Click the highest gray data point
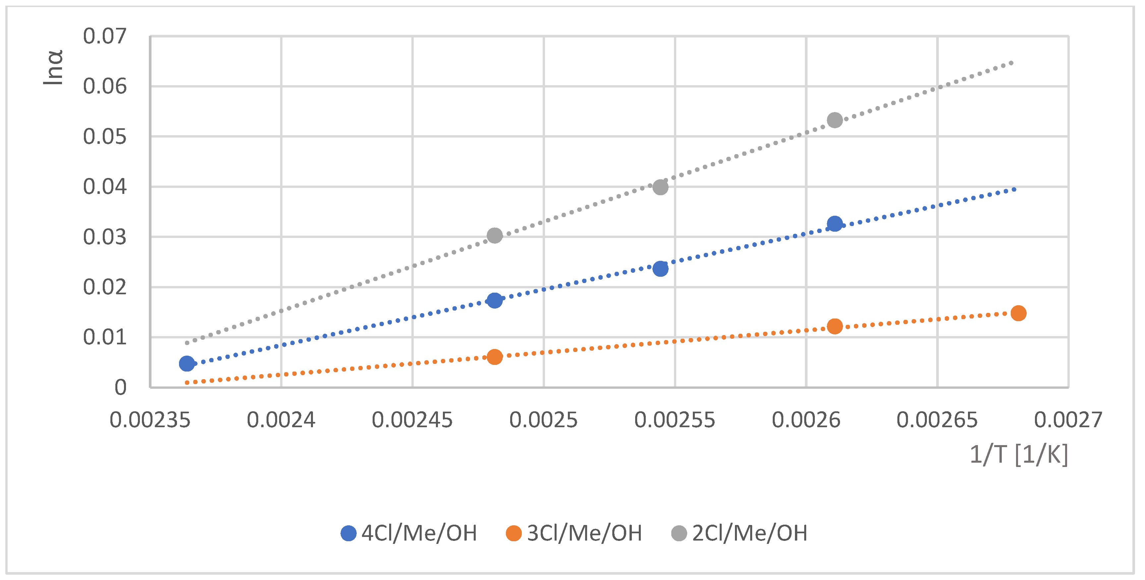[x=834, y=120]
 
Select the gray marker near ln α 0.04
[x=660, y=187]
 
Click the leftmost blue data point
[x=187, y=364]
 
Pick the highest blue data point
[x=834, y=224]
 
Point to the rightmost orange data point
[x=1018, y=313]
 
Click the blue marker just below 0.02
[x=494, y=301]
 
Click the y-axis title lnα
[x=53, y=68]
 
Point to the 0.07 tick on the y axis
[x=105, y=36]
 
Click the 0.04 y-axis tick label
[x=105, y=187]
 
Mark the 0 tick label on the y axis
[x=120, y=387]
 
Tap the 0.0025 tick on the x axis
[x=543, y=420]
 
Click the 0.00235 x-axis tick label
[x=150, y=420]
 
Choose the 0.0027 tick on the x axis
[x=1068, y=420]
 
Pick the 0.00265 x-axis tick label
[x=937, y=420]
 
